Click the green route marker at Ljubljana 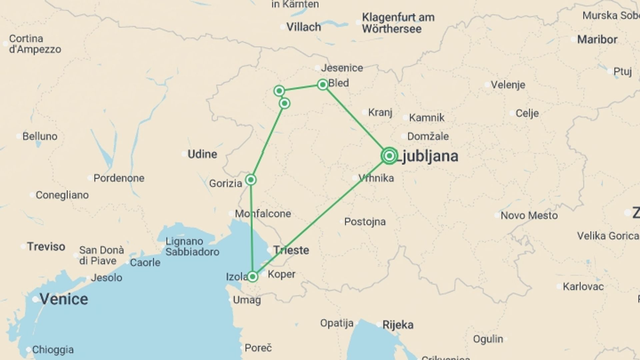point(389,156)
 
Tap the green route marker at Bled point(322,85)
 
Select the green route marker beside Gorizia point(251,180)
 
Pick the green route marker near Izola point(253,277)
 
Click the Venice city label point(64,299)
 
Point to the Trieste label point(291,250)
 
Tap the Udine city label point(202,154)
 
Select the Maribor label point(597,39)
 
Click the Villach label point(304,27)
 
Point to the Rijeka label point(398,325)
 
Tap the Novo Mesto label point(529,215)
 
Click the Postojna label point(365,222)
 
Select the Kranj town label point(380,112)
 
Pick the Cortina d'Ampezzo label point(35,44)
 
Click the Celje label point(527,113)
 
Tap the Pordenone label point(119,178)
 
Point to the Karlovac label point(583,286)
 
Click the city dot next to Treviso point(23,247)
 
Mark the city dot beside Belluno point(19,136)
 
